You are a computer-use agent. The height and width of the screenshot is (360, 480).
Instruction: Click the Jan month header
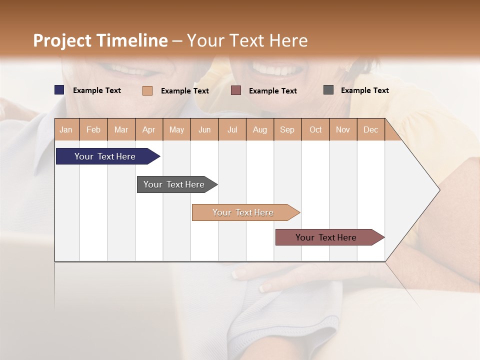(x=66, y=129)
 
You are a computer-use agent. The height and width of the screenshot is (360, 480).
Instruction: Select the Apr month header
(x=149, y=129)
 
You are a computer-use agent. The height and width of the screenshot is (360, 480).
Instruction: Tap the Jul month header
(x=232, y=129)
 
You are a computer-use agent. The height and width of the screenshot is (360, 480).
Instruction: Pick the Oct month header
(x=315, y=129)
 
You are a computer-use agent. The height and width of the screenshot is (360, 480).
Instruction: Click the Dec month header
(x=370, y=129)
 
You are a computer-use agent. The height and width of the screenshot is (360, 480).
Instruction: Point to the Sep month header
(x=287, y=129)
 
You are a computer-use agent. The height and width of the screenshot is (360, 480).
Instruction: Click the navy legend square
(x=59, y=90)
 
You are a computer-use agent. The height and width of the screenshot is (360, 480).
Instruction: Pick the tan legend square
(x=147, y=90)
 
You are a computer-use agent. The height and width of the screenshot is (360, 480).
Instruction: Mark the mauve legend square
(x=236, y=90)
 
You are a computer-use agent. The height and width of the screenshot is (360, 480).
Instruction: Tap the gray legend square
(x=328, y=90)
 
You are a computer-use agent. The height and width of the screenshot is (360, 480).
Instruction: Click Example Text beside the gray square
(x=364, y=90)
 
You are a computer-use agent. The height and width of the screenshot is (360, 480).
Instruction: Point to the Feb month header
(x=93, y=129)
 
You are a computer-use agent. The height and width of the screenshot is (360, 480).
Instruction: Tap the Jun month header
(x=204, y=129)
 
